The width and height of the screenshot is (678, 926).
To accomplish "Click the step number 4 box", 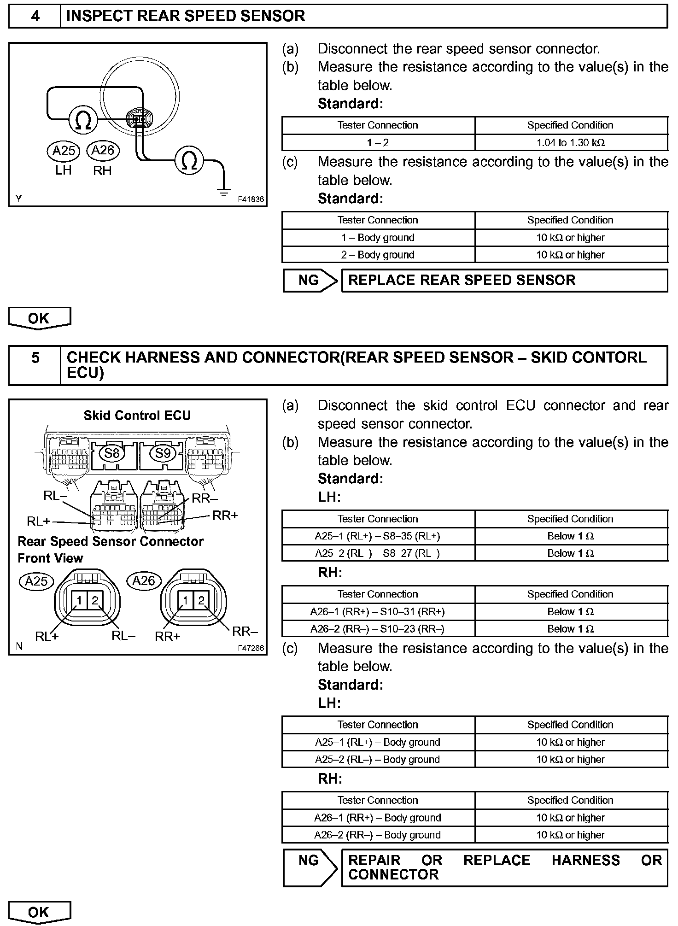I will point(35,17).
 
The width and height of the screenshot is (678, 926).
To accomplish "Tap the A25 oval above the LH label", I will point(64,151).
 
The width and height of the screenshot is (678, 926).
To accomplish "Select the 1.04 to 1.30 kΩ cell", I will point(571,143).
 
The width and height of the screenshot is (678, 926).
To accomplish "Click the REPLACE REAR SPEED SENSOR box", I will point(504,281).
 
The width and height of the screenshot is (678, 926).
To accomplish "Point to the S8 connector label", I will point(111,453).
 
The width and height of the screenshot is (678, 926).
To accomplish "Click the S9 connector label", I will point(163,453).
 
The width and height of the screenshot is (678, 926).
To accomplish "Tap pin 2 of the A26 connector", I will point(201,600).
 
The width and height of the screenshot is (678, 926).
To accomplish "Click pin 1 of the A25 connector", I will point(79,600).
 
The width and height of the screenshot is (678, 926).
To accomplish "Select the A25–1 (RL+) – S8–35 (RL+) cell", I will point(378,536).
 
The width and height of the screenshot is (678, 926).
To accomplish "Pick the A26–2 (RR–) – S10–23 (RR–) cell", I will point(378,629).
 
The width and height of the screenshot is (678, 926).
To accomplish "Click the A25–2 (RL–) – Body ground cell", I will point(378,760).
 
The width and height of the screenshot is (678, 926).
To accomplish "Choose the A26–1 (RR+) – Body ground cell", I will point(378,818).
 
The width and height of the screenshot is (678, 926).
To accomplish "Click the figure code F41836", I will point(251,199).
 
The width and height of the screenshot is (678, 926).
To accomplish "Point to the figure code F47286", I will point(251,648).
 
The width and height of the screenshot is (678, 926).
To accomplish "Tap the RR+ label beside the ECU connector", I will point(225,516).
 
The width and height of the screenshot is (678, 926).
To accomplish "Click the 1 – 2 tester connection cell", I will point(378,143).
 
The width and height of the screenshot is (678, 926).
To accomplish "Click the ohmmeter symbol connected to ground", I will point(189,161).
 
